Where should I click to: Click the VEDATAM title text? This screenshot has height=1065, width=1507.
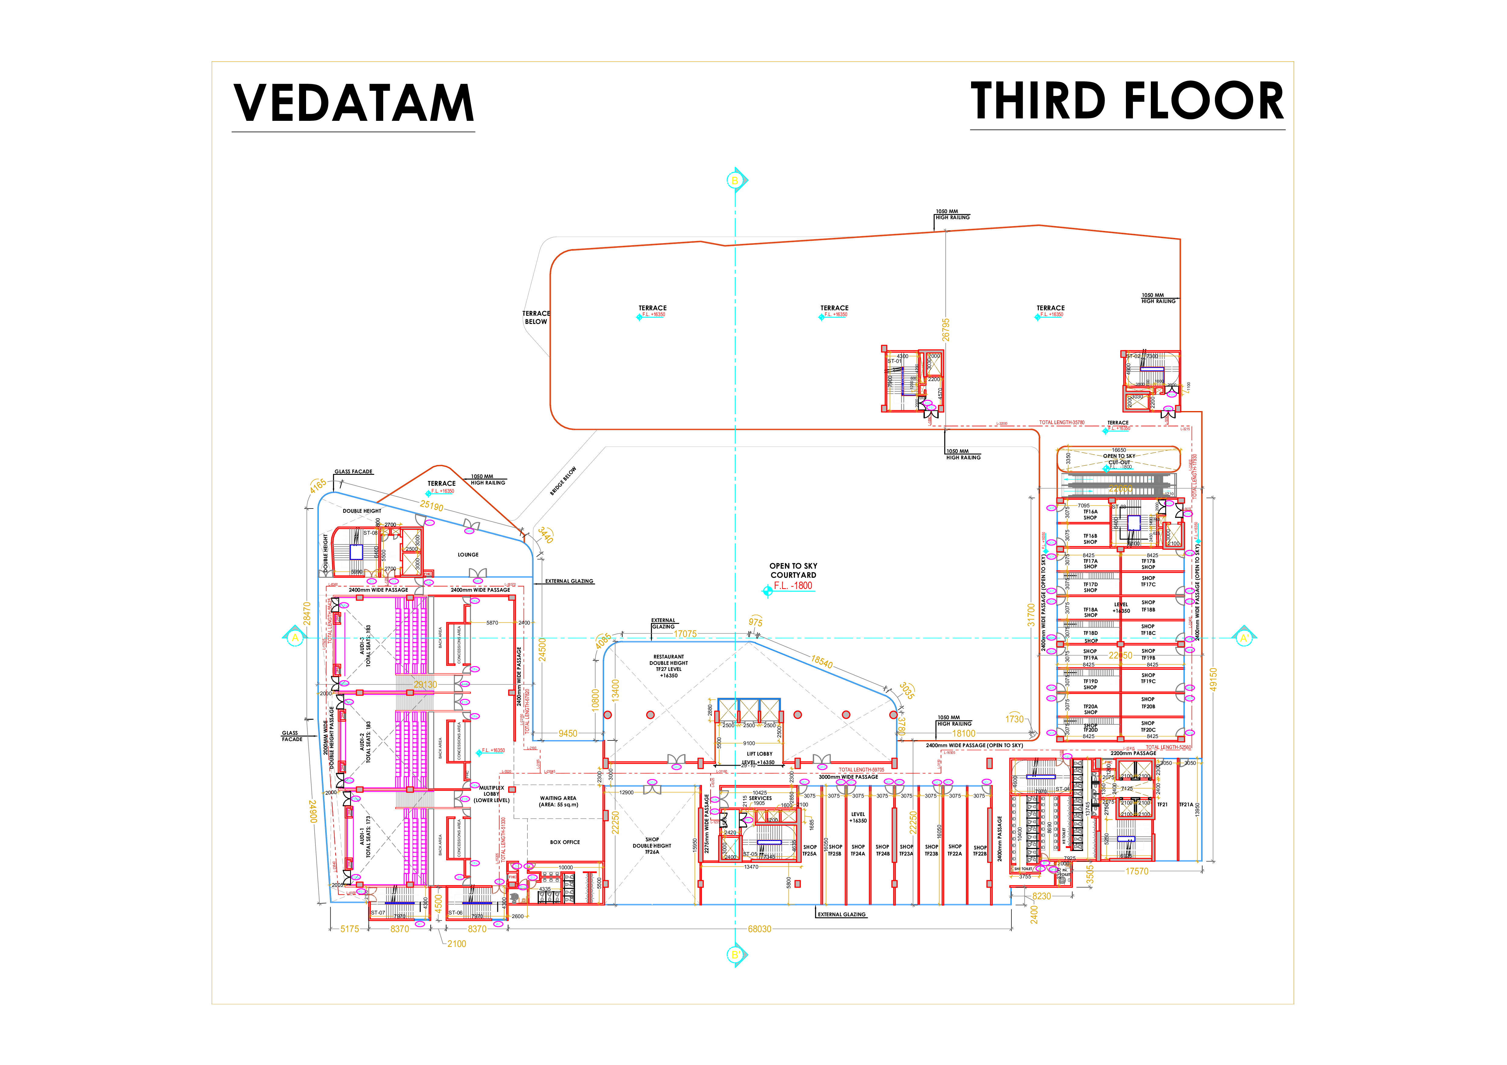click(353, 103)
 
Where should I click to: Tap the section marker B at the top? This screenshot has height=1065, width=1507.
click(735, 180)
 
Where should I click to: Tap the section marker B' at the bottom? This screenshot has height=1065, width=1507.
click(735, 955)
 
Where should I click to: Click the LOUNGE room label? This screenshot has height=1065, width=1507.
click(468, 554)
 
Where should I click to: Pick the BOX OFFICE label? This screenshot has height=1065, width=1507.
click(564, 842)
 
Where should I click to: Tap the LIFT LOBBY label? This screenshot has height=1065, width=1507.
click(759, 754)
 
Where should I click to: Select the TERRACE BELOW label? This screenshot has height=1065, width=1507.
click(536, 318)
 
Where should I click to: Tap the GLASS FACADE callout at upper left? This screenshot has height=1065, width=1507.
click(353, 471)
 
